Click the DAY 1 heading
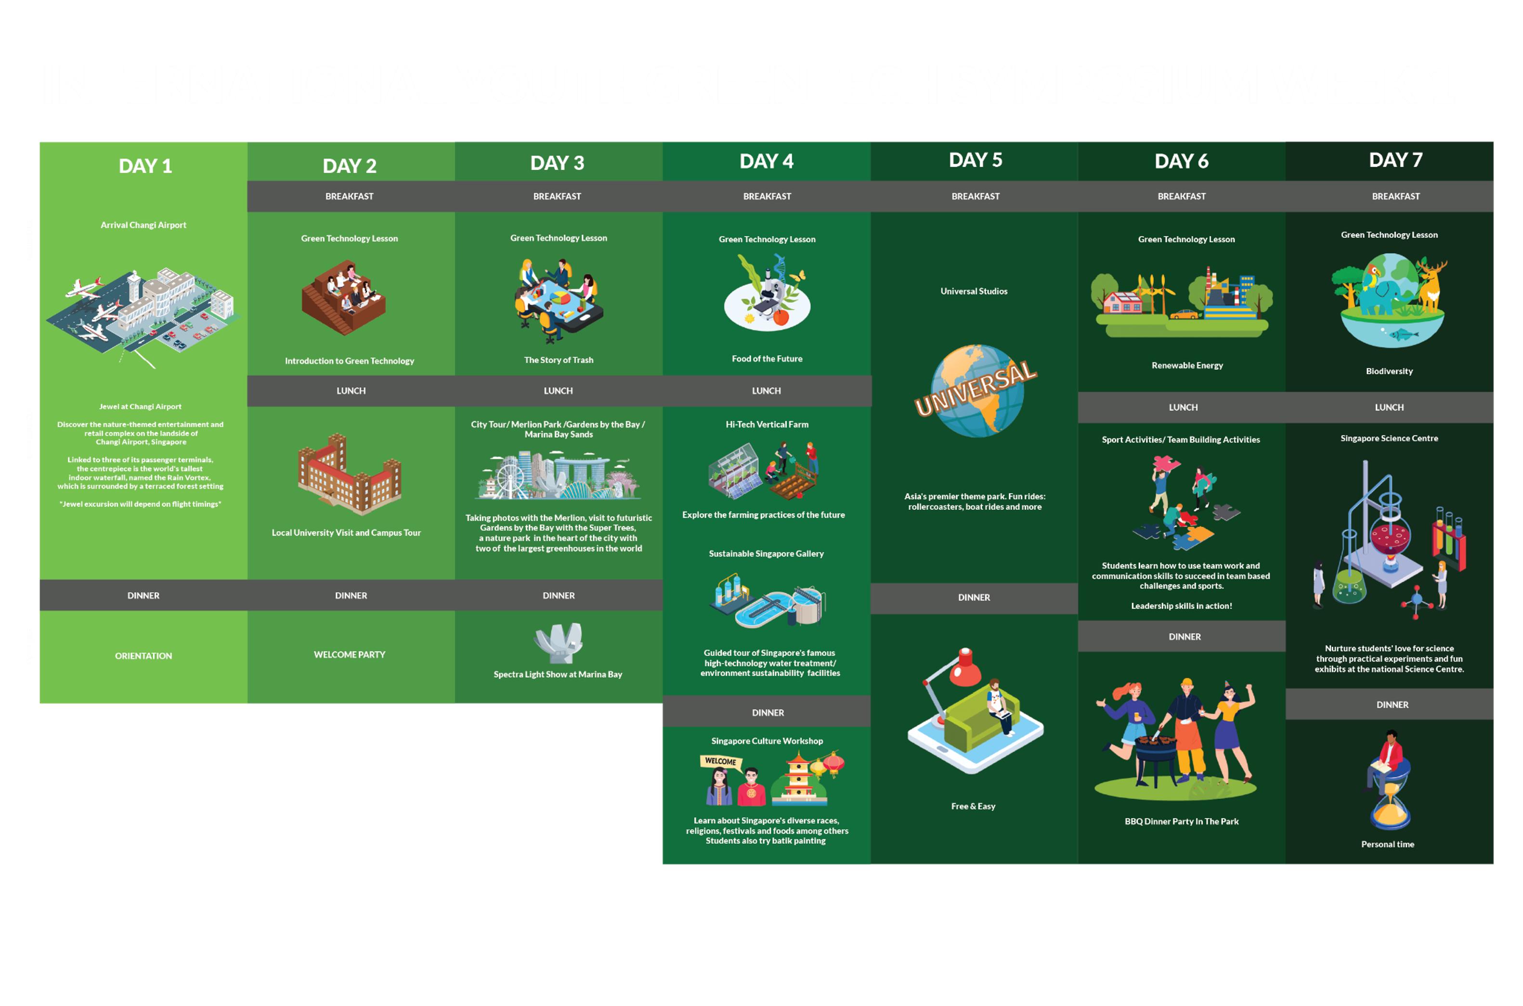(x=145, y=166)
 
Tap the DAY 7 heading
(x=1395, y=160)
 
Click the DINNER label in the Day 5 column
(x=974, y=597)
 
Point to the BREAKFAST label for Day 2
(x=349, y=196)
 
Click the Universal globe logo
(x=976, y=390)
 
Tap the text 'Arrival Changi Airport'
(x=143, y=225)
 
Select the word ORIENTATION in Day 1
(x=143, y=656)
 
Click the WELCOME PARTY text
(x=349, y=655)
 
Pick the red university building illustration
(x=350, y=474)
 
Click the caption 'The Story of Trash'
(x=559, y=360)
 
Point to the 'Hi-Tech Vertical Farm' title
(x=767, y=424)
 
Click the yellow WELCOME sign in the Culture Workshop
(x=721, y=762)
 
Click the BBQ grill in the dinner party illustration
(x=1155, y=757)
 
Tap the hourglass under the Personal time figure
(x=1390, y=805)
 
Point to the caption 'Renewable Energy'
(x=1187, y=366)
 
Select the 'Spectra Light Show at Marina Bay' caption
(x=558, y=674)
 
